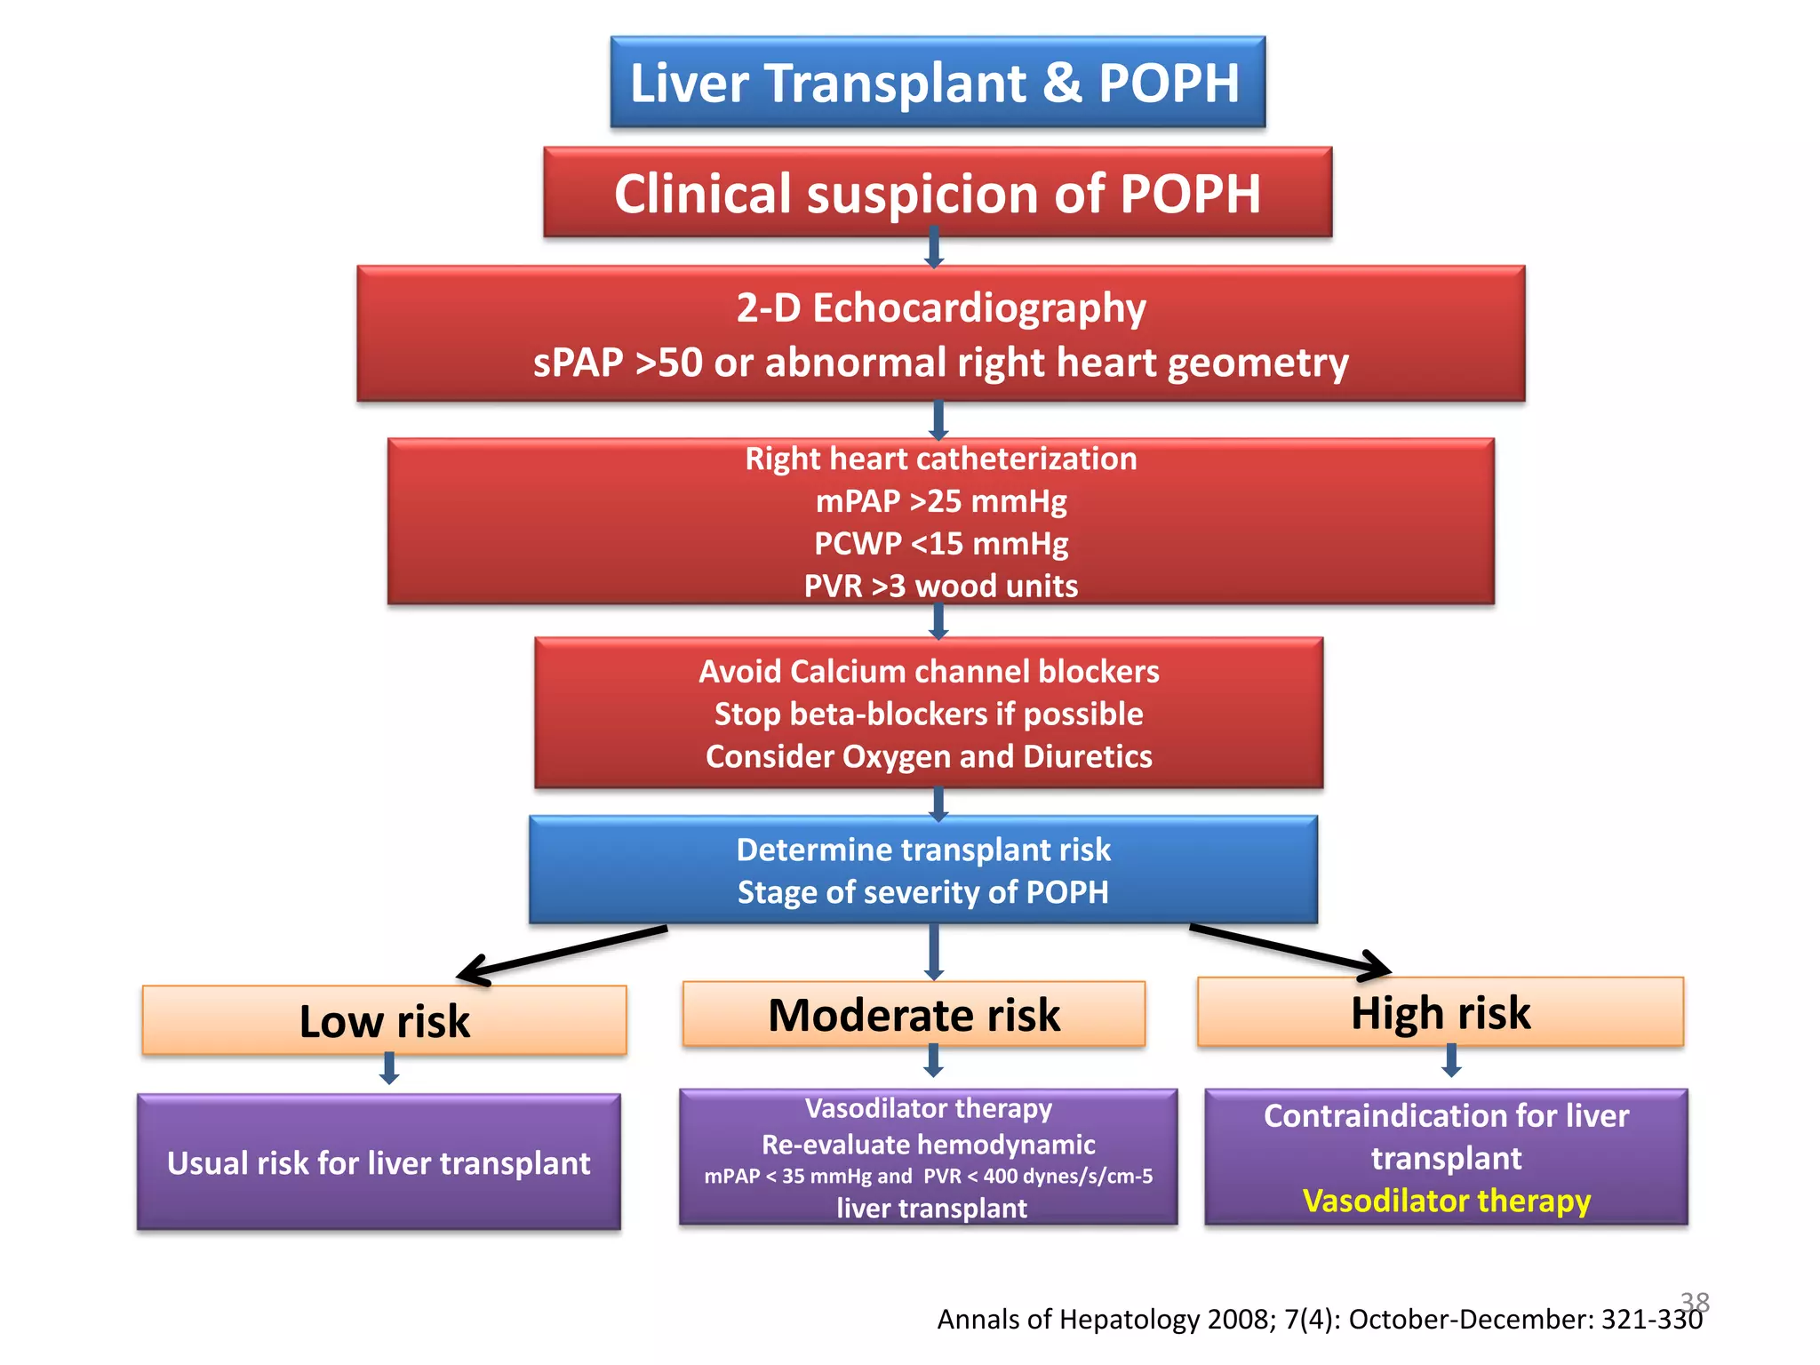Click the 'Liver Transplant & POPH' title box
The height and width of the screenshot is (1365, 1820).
pyautogui.click(x=938, y=83)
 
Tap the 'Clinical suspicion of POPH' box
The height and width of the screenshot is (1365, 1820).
pyautogui.click(x=938, y=193)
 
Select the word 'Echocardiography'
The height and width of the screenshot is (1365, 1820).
pyautogui.click(x=978, y=308)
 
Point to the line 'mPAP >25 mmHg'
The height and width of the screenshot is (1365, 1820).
pyautogui.click(x=941, y=501)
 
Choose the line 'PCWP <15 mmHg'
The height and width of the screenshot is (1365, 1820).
pyautogui.click(x=941, y=543)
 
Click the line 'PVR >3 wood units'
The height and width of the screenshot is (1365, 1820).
pyautogui.click(x=941, y=586)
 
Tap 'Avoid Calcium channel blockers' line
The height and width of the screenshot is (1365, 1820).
pyautogui.click(x=929, y=672)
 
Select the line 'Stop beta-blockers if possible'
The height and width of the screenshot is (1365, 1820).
pyautogui.click(x=929, y=714)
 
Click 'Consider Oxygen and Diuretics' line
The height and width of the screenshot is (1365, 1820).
pyautogui.click(x=929, y=756)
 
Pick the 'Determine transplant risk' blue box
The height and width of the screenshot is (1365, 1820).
pyautogui.click(x=923, y=870)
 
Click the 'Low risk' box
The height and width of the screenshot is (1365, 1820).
pyautogui.click(x=384, y=1020)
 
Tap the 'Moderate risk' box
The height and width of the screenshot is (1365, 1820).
pyautogui.click(x=914, y=1015)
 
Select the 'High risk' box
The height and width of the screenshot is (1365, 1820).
pyautogui.click(x=1441, y=1012)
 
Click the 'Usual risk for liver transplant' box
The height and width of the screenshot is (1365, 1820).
pyautogui.click(x=379, y=1162)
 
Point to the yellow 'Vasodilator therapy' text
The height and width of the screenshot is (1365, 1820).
pyautogui.click(x=1446, y=1201)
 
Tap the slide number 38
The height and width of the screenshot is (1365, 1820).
pyautogui.click(x=1695, y=1302)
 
